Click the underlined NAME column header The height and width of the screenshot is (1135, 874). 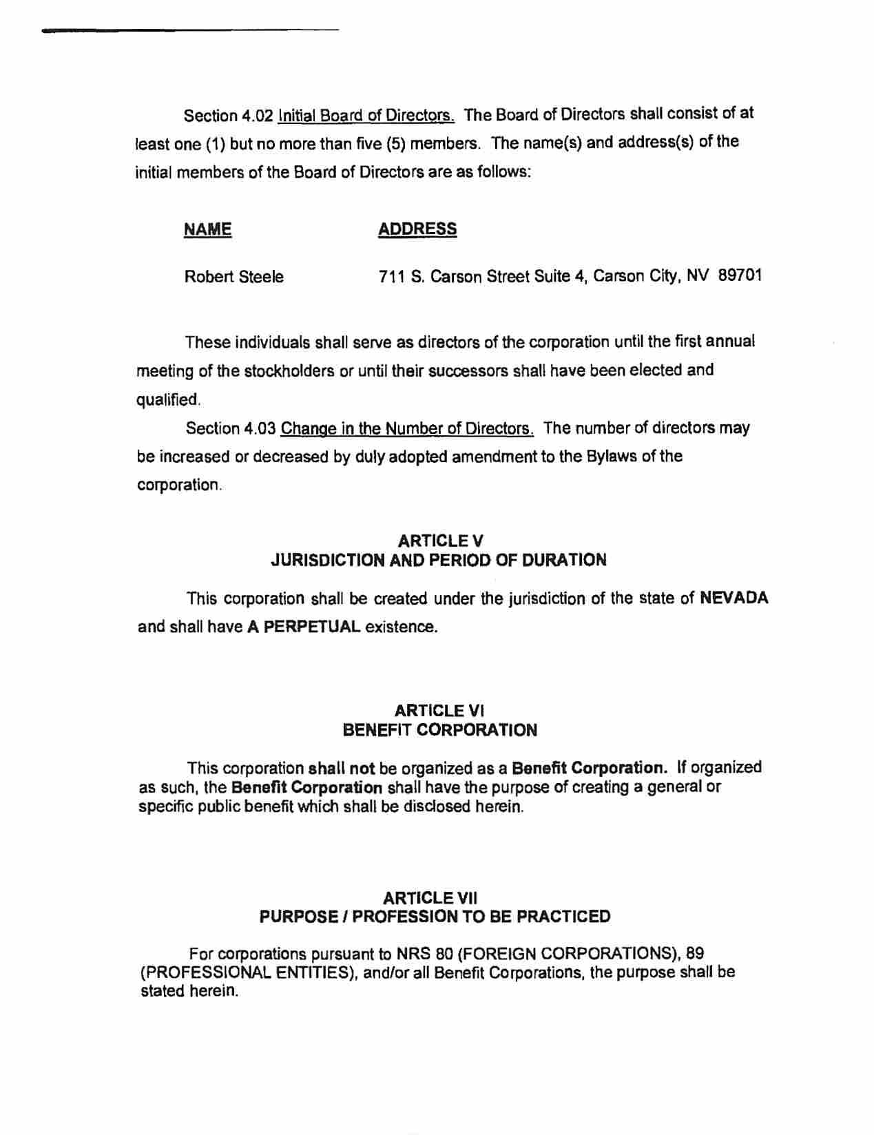click(x=207, y=229)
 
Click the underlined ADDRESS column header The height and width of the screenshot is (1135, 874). click(x=417, y=229)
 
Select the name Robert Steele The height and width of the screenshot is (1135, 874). click(x=234, y=278)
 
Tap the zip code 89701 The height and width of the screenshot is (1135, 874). click(x=740, y=276)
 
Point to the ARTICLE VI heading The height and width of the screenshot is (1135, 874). click(x=440, y=711)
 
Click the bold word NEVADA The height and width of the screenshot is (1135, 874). click(x=733, y=598)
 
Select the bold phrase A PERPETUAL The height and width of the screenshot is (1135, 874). click(x=303, y=627)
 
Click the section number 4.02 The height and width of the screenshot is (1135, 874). click(x=258, y=115)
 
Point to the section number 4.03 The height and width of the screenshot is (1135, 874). click(x=259, y=429)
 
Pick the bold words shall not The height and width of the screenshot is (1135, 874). click(x=337, y=768)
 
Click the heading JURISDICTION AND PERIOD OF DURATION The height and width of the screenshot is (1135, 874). click(x=439, y=561)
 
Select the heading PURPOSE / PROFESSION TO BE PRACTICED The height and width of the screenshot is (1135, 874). click(x=435, y=917)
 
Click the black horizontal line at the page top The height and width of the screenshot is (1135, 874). click(x=190, y=30)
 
